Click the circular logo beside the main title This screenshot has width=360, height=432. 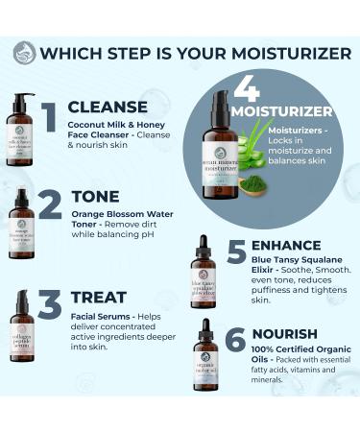[x=24, y=53]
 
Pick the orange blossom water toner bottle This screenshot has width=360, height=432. [x=20, y=223]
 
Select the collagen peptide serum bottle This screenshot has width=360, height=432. [x=21, y=325]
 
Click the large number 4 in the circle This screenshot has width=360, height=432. [x=247, y=88]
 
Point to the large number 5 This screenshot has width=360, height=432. [x=236, y=252]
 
